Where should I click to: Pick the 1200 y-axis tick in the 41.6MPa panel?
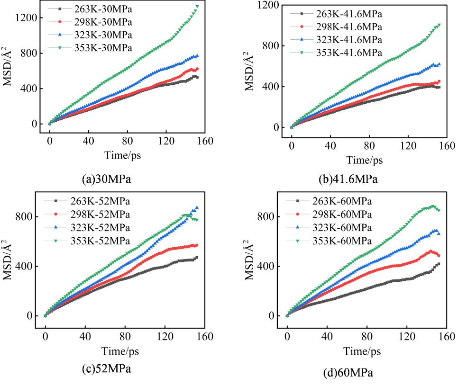click(267, 5)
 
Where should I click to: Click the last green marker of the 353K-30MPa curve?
click(197, 7)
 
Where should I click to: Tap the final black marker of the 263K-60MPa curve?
click(439, 264)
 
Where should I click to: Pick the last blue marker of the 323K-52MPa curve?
click(197, 208)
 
